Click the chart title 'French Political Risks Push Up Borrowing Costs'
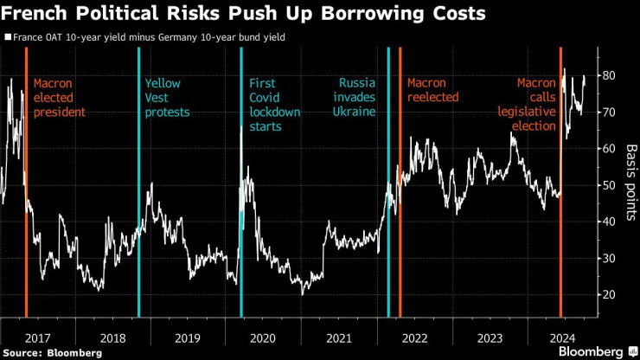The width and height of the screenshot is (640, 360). tap(244, 15)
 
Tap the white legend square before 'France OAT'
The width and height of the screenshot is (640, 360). tap(8, 37)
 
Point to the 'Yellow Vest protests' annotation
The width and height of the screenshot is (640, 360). tap(167, 98)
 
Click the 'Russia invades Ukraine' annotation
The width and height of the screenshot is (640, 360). tap(356, 98)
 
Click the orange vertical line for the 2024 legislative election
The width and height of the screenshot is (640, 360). tap(560, 216)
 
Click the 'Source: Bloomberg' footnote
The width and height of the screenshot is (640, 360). tap(52, 352)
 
